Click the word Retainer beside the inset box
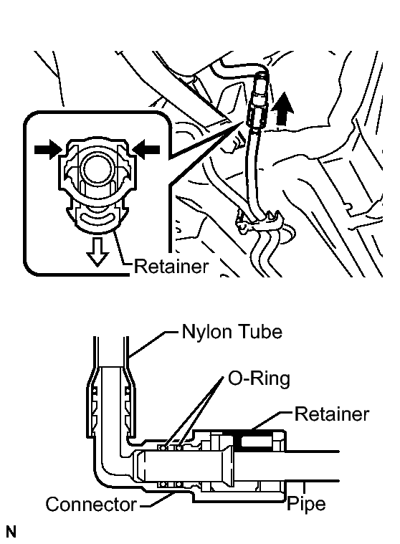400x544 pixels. [x=171, y=267]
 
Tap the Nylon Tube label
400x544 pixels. [x=232, y=332]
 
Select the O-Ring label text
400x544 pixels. [x=259, y=378]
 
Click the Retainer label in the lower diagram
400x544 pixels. [x=332, y=414]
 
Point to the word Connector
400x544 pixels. [x=91, y=504]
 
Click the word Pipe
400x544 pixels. [x=306, y=504]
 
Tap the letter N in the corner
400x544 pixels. [x=11, y=532]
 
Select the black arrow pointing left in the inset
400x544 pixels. [x=146, y=150]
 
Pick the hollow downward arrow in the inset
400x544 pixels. [x=97, y=252]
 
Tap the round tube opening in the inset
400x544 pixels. [x=97, y=170]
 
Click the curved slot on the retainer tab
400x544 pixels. [x=97, y=219]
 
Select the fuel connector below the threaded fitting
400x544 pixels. [x=256, y=115]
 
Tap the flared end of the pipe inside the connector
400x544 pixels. [x=228, y=467]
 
